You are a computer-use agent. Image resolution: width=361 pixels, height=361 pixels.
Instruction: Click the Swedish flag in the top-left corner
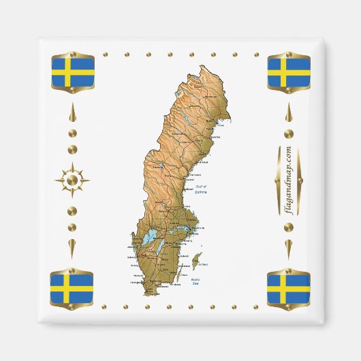(71, 72)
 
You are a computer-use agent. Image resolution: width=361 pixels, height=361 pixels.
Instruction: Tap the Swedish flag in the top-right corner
(289, 72)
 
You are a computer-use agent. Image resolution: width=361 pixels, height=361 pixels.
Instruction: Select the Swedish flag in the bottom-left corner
(71, 289)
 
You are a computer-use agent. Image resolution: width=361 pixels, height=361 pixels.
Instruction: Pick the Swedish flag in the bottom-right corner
(289, 289)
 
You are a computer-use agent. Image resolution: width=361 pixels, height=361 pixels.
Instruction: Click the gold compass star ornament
(72, 180)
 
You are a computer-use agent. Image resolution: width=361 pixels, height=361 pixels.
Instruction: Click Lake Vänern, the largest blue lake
(150, 240)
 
